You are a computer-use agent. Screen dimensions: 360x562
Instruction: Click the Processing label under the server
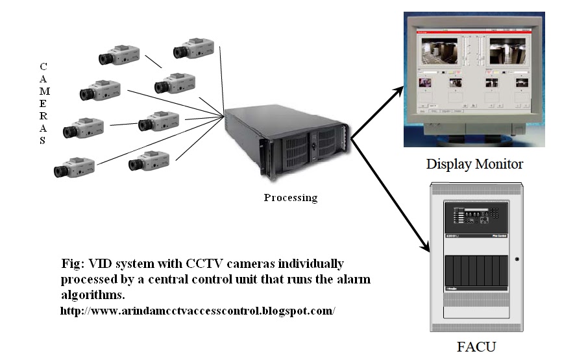[x=290, y=197]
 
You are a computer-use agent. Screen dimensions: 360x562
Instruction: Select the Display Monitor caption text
[x=474, y=163]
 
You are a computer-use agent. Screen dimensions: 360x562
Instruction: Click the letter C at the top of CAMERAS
[x=43, y=66]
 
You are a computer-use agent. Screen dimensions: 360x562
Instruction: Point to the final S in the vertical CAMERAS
[x=43, y=139]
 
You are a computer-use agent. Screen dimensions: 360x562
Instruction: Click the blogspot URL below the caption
[x=197, y=310]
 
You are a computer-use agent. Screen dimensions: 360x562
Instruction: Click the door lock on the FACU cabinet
[x=517, y=260]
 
